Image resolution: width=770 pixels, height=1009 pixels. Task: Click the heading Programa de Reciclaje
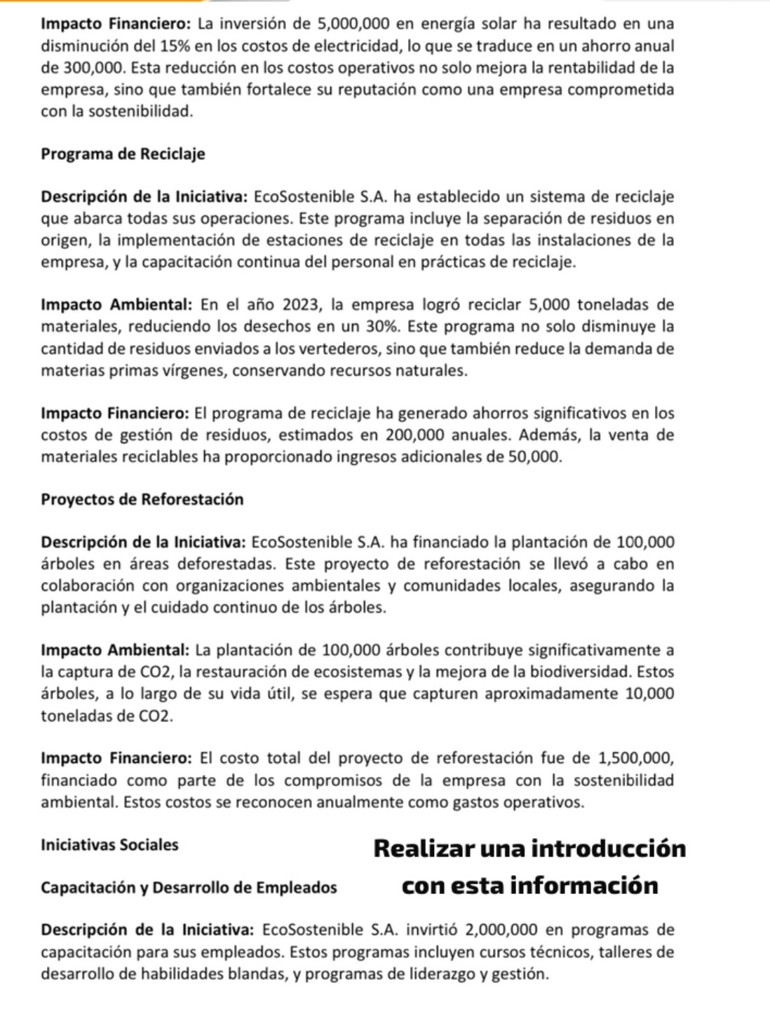(x=123, y=154)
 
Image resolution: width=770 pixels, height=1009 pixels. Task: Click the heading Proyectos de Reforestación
(x=142, y=499)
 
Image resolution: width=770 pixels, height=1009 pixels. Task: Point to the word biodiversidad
(x=580, y=672)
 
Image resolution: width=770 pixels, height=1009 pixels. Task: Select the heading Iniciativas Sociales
(x=110, y=844)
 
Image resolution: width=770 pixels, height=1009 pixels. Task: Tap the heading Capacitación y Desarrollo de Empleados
(x=189, y=887)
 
